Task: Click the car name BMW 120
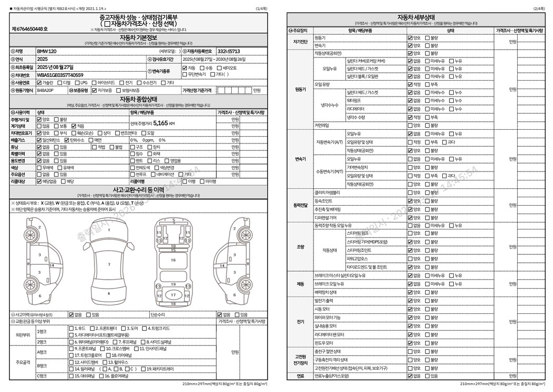tap(46, 51)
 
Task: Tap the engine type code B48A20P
tap(45, 90)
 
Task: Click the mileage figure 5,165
tap(157, 123)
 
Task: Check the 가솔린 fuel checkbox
tap(39, 83)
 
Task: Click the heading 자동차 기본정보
tap(138, 37)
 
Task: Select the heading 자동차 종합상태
tap(138, 99)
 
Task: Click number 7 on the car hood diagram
tap(109, 264)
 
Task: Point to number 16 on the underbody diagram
tap(173, 260)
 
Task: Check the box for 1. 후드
tap(71, 328)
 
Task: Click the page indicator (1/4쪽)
tap(261, 9)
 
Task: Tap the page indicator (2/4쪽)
tap(538, 9)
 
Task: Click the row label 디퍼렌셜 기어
tap(325, 217)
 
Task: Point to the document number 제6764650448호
tap(30, 28)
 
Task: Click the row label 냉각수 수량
tap(356, 117)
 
